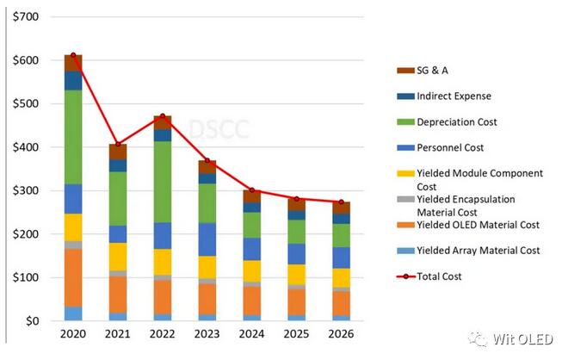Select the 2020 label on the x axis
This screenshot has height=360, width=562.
73,334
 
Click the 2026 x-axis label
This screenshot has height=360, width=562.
342,334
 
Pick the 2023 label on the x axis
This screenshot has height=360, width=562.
207,334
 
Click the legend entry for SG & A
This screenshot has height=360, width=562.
433,71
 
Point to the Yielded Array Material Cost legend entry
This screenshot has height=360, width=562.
478,251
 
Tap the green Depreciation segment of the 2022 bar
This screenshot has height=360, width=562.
163,182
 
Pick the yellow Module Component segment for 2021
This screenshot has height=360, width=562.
118,257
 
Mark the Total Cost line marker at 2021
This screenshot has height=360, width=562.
118,144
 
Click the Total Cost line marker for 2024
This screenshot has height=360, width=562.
252,190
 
